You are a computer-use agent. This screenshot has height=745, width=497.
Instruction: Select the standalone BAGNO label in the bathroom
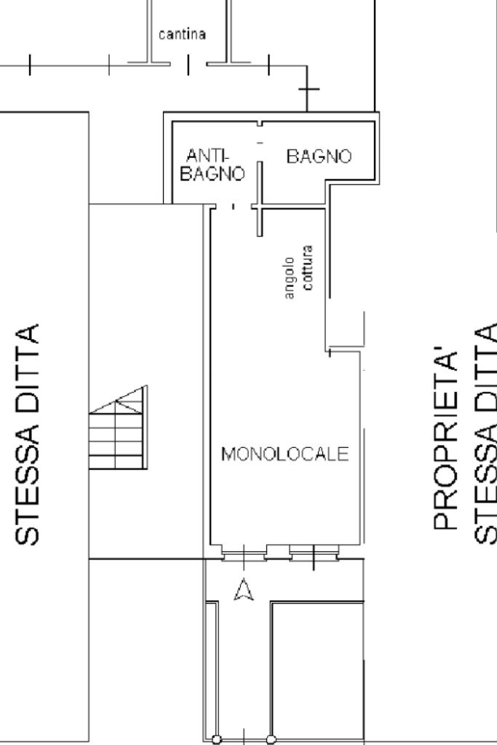319,156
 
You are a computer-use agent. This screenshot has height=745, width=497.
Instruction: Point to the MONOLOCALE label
285,455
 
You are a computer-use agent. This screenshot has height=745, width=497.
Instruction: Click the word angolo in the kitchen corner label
290,277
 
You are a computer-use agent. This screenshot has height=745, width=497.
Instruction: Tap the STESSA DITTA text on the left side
28,434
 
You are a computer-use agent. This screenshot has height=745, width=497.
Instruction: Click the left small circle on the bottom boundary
216,741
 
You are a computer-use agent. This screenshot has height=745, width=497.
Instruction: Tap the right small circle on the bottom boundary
271,741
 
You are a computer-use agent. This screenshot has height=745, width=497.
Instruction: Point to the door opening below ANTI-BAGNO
233,207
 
